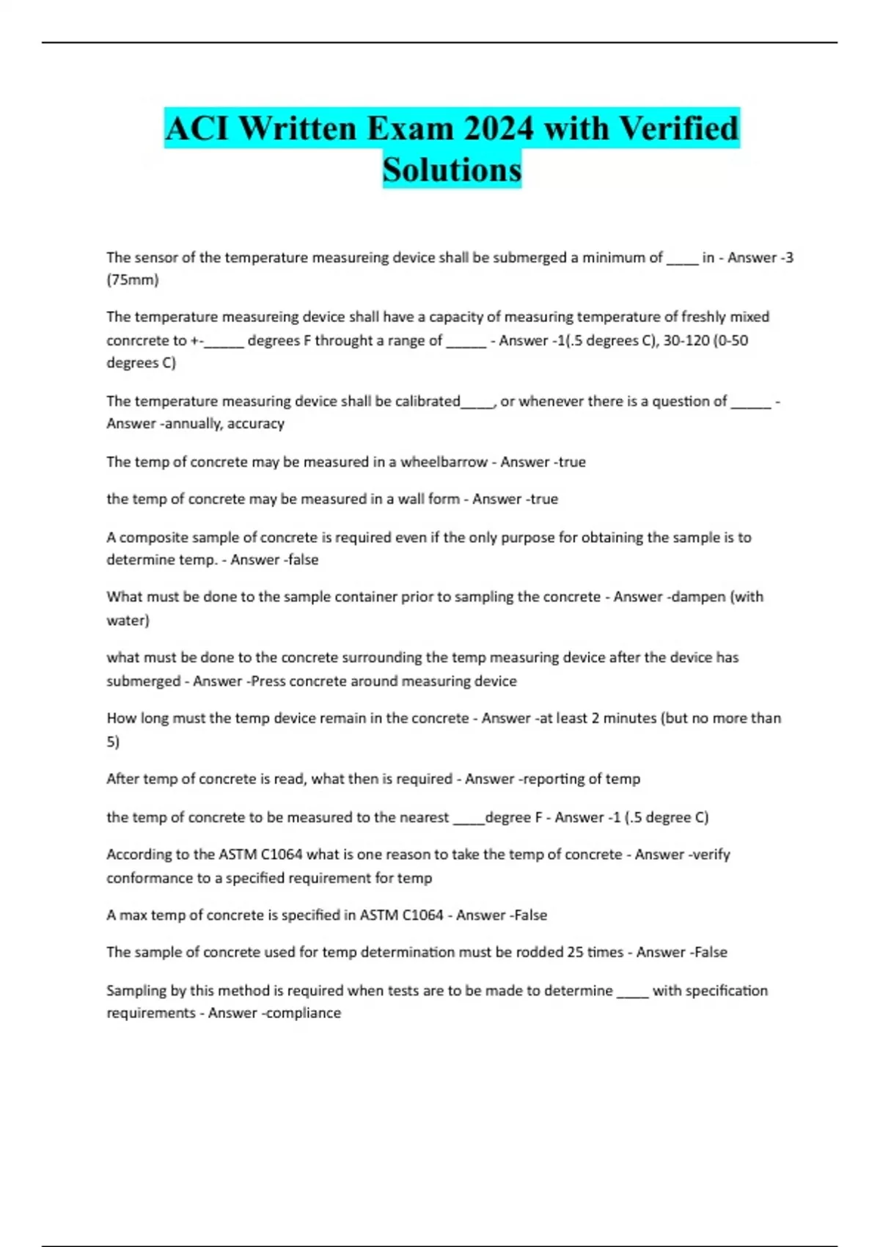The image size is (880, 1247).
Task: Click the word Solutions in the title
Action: [x=452, y=169]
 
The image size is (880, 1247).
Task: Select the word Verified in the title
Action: [x=678, y=128]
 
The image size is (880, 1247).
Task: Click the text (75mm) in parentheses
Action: [x=133, y=279]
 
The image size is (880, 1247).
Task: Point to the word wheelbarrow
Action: [x=444, y=462]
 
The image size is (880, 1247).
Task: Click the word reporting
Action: [x=549, y=778]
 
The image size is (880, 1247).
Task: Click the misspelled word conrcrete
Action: [x=138, y=340]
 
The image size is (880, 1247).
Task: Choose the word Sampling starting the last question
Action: [x=136, y=990]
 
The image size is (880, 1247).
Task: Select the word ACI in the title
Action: [x=198, y=128]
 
